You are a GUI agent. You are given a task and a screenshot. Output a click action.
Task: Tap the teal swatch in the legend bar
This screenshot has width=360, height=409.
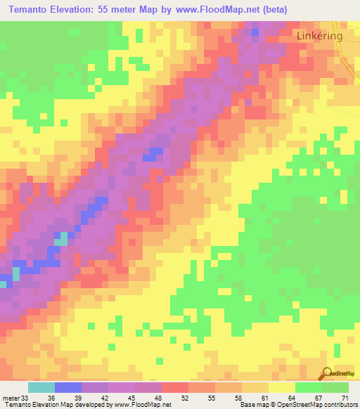41,387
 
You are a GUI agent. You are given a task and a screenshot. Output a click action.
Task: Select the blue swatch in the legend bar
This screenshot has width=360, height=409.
67,387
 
